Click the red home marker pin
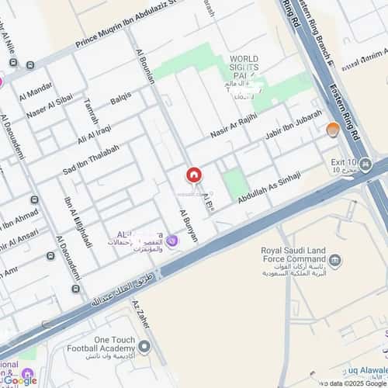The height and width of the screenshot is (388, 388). [193, 175]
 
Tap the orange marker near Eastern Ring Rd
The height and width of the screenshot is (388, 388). [333, 130]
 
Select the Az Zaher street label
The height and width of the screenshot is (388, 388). [139, 317]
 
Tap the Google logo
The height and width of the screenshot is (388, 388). [19, 380]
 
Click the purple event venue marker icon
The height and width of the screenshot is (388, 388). [172, 243]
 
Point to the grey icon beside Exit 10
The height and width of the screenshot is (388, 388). [365, 165]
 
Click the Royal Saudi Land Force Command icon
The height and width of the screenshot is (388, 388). [335, 260]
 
